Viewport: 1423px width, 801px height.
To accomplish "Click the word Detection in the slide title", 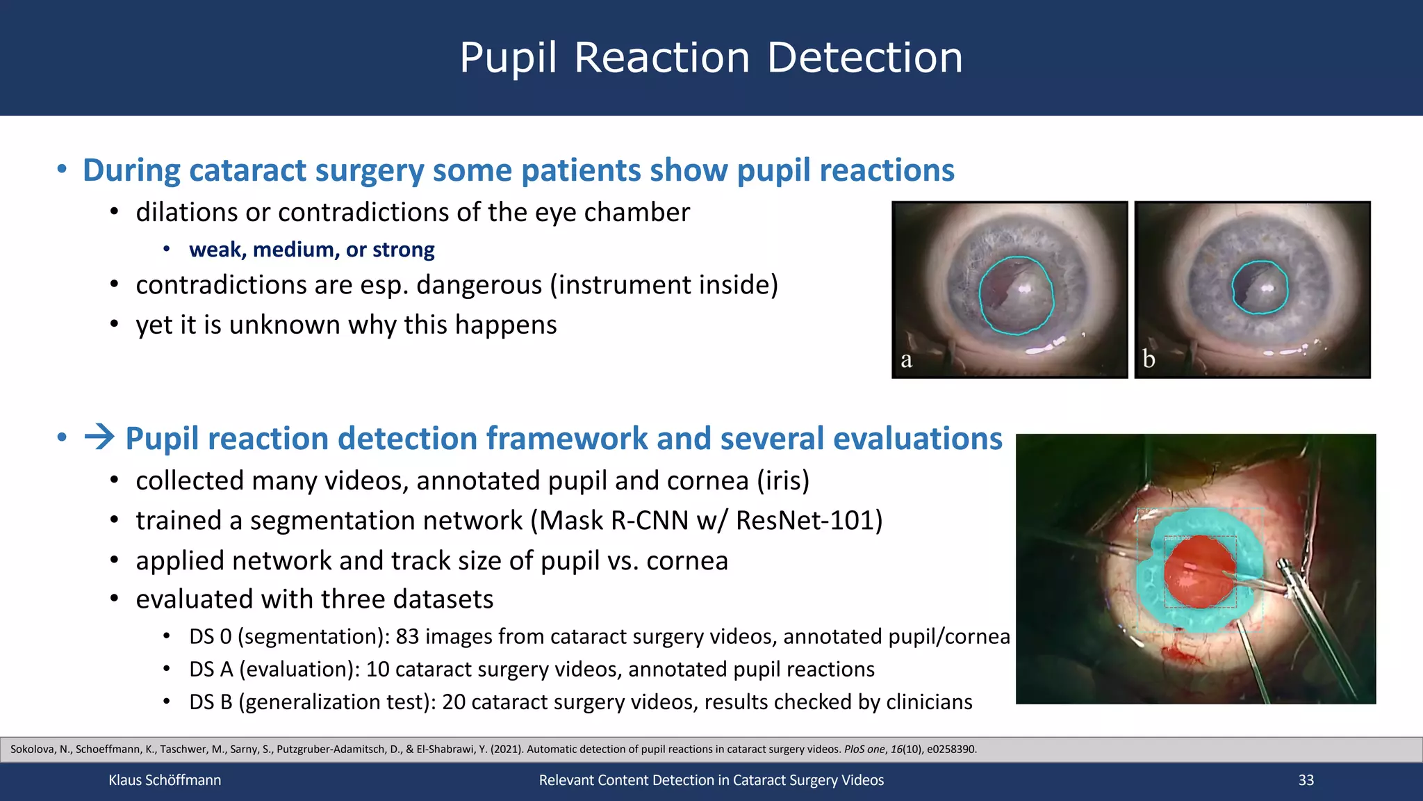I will point(865,57).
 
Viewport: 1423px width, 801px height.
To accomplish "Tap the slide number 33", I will point(1306,780).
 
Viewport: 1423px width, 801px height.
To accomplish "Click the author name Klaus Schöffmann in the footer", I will point(165,780).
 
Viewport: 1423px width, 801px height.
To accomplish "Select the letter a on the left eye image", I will point(906,360).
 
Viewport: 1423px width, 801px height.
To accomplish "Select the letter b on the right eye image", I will point(1149,359).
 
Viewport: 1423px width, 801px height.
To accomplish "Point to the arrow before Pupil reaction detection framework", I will point(99,438).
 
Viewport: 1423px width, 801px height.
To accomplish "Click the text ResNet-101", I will point(809,520).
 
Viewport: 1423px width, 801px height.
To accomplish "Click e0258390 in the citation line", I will point(951,750).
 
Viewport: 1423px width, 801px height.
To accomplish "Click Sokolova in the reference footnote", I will point(31,750).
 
